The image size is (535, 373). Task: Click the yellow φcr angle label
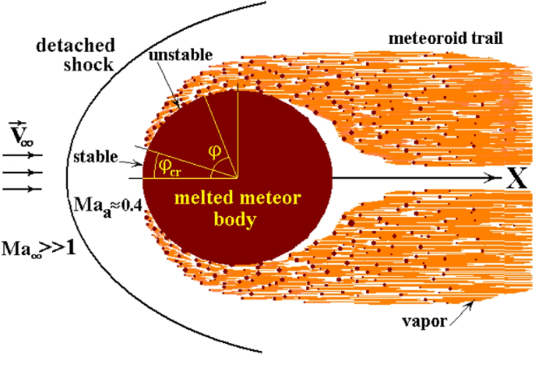(x=167, y=167)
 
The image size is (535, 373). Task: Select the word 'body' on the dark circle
(x=235, y=220)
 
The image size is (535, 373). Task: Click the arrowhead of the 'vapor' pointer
(x=473, y=303)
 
